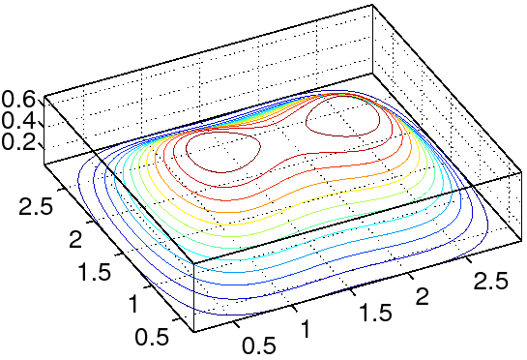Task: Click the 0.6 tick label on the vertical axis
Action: tap(17, 100)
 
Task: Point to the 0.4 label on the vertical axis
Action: tap(17, 121)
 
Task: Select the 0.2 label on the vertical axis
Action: tap(17, 142)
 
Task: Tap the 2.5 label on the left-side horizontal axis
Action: tap(36, 205)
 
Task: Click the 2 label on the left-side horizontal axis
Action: tap(75, 240)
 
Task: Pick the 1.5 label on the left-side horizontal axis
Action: tap(94, 271)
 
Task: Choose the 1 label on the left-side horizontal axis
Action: tap(133, 304)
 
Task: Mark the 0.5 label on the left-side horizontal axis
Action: tap(152, 336)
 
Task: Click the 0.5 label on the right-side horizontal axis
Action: tap(259, 345)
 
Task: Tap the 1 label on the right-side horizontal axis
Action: tap(305, 328)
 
